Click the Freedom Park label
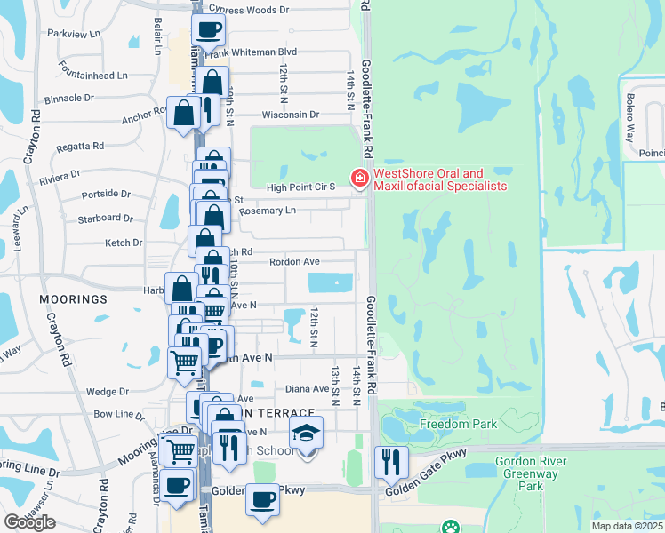coord(459,424)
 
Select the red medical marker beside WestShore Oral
coord(360,179)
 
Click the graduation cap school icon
coord(307,433)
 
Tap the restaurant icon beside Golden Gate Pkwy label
coord(391,460)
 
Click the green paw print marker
coord(452,527)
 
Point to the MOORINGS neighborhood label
coord(73,299)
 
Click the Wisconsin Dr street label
coord(290,115)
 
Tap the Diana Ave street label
coord(308,388)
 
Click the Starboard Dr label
coord(105,218)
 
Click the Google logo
coord(29,522)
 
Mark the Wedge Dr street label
coord(108,391)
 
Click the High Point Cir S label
coord(300,187)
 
